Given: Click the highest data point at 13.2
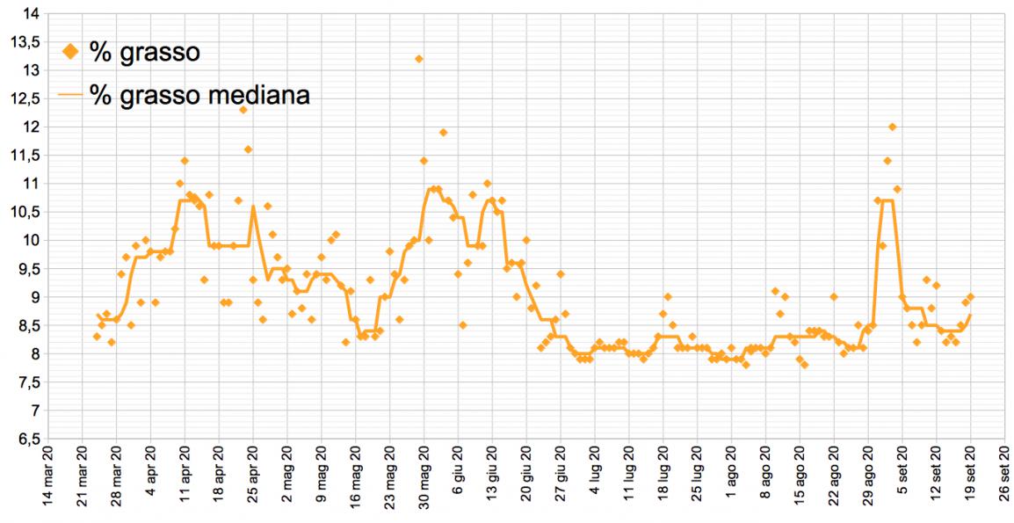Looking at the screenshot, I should [419, 59].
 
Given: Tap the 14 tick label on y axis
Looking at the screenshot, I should [30, 13].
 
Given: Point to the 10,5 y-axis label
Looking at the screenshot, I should [25, 212].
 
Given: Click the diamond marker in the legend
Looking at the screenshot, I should [72, 53].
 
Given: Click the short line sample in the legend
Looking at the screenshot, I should [72, 94].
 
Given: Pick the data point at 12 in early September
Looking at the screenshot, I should [892, 127].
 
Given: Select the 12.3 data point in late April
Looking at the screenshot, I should [243, 110].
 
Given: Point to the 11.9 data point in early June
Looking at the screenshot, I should [444, 133].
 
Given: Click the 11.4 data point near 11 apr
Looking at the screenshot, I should [185, 161].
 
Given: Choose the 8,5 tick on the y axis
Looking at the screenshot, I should [25, 325].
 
